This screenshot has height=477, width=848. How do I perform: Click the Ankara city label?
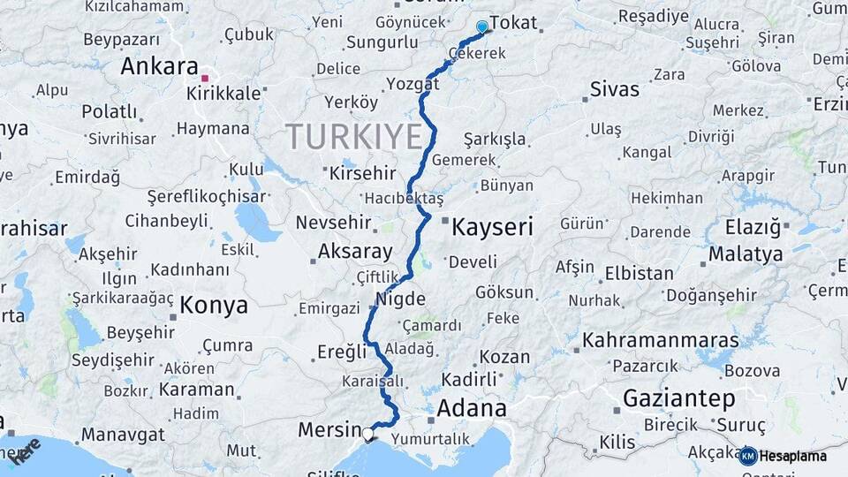tap(159, 67)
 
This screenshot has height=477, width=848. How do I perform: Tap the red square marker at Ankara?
tap(205, 79)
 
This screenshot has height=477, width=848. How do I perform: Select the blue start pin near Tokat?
tap(481, 27)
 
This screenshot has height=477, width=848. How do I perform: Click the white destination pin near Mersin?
tap(367, 433)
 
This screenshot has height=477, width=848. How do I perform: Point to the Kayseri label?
tap(492, 228)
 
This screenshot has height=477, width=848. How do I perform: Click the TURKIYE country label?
tap(353, 137)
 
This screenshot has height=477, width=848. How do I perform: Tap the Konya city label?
tap(214, 306)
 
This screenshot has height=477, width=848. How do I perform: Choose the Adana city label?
tap(472, 408)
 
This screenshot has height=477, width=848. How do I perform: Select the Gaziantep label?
tap(678, 398)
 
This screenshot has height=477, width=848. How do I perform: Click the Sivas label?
tap(614, 89)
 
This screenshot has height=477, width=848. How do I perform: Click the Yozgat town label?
tap(413, 84)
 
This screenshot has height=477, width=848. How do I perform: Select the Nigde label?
tap(400, 299)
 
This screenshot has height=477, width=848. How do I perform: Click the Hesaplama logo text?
tap(793, 457)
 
